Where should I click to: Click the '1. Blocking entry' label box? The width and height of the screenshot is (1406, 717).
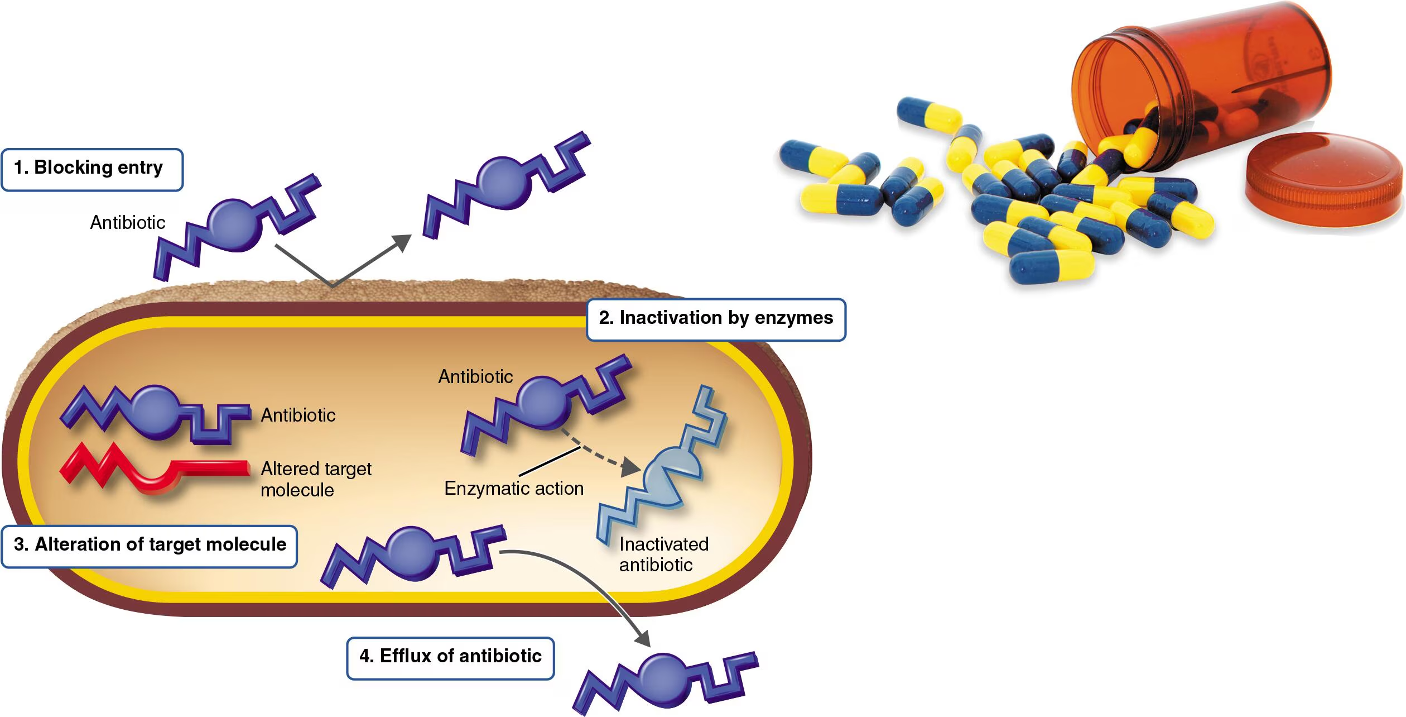pos(92,170)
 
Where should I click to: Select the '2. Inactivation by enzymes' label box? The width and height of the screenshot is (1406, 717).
pos(716,319)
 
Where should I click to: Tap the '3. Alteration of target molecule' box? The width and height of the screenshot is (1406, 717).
pos(149,546)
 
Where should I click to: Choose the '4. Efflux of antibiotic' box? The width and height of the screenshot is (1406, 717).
pos(450,658)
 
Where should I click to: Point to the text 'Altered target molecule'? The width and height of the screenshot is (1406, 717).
pos(315,479)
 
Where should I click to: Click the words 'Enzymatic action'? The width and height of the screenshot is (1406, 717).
pos(513,489)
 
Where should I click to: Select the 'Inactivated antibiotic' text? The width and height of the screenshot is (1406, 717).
pos(663,555)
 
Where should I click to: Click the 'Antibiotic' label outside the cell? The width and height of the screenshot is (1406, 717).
pos(128,223)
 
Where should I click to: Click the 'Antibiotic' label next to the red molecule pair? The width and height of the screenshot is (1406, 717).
pos(298,415)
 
